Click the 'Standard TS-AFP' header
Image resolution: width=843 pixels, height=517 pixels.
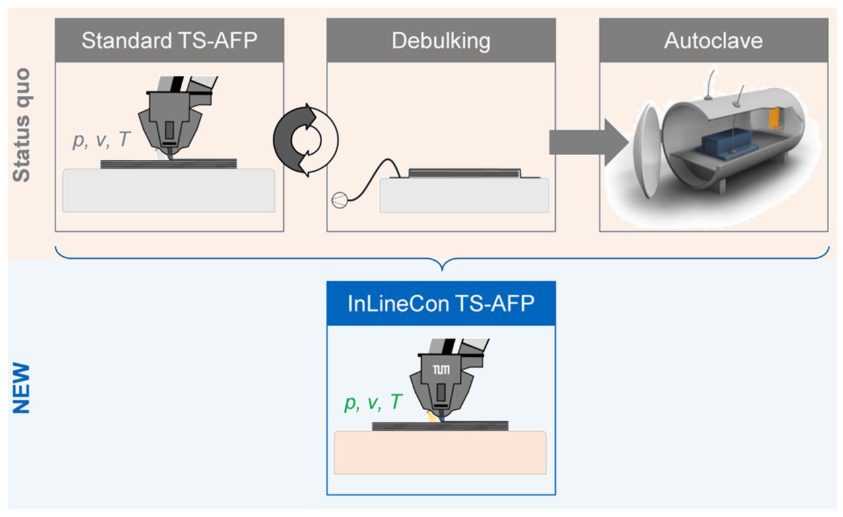pyautogui.click(x=169, y=41)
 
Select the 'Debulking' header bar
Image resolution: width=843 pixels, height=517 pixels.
pyautogui.click(x=441, y=41)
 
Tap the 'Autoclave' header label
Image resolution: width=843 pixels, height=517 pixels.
pyautogui.click(x=713, y=41)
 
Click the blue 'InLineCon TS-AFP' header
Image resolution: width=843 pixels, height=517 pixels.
pyautogui.click(x=441, y=303)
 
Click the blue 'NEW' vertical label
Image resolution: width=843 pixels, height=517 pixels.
pyautogui.click(x=22, y=387)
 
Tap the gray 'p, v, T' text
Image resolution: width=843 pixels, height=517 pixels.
pyautogui.click(x=102, y=141)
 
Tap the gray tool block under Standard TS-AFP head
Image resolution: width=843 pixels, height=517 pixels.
pyautogui.click(x=168, y=190)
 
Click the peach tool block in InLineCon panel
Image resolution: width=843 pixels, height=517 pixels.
pyautogui.click(x=440, y=452)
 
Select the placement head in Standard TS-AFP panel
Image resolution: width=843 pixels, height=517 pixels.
pyautogui.click(x=170, y=119)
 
